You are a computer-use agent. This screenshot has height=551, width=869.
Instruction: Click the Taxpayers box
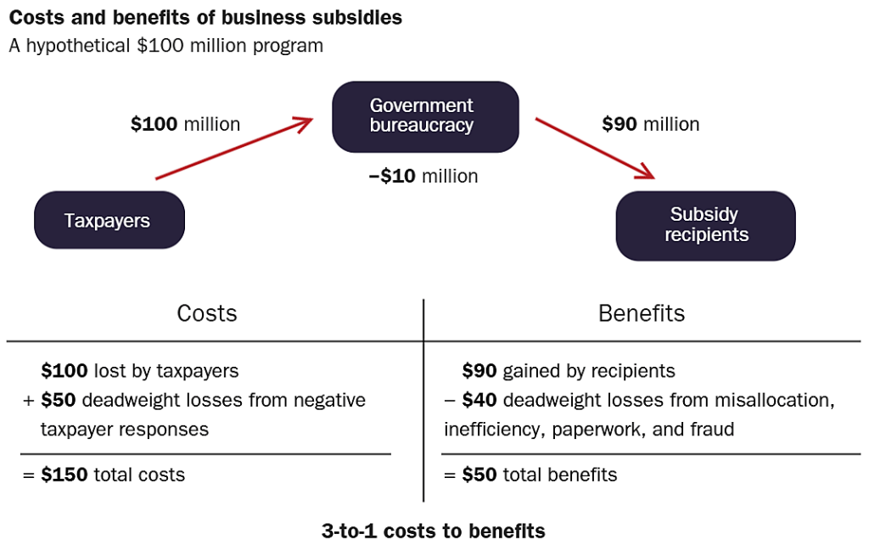click(109, 221)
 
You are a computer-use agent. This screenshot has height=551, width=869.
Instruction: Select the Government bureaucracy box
click(424, 116)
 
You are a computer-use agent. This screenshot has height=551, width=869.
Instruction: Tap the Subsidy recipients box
click(705, 225)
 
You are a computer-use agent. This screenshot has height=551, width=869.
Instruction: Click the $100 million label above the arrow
click(185, 124)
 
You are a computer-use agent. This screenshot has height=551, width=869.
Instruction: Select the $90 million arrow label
click(650, 124)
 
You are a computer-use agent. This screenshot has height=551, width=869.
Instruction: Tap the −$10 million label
click(423, 176)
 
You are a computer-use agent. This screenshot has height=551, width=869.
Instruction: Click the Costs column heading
click(207, 313)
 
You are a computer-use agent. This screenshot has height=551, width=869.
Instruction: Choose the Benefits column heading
click(642, 313)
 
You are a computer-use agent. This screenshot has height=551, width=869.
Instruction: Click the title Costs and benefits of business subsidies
click(205, 18)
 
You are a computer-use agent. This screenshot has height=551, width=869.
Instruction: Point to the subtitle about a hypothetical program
click(166, 45)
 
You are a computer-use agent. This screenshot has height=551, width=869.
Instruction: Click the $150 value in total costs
click(64, 475)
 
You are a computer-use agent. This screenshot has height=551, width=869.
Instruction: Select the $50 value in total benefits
click(480, 475)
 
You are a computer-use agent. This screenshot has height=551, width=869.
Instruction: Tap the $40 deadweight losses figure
click(480, 400)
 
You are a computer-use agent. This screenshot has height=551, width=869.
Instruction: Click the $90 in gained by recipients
click(480, 370)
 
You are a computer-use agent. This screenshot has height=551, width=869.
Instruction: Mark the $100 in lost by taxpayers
click(64, 370)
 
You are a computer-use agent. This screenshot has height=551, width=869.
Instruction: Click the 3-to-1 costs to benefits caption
click(434, 531)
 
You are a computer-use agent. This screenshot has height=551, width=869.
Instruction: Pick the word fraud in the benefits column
click(711, 429)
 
